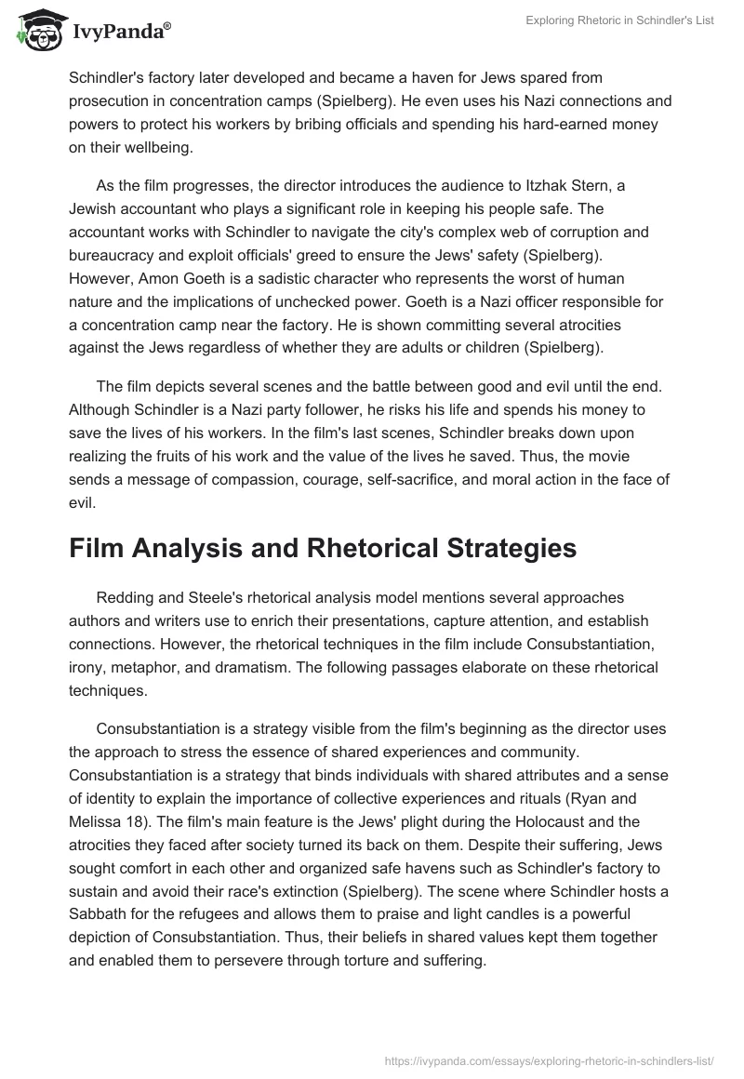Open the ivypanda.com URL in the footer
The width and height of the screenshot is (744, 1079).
548,1059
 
